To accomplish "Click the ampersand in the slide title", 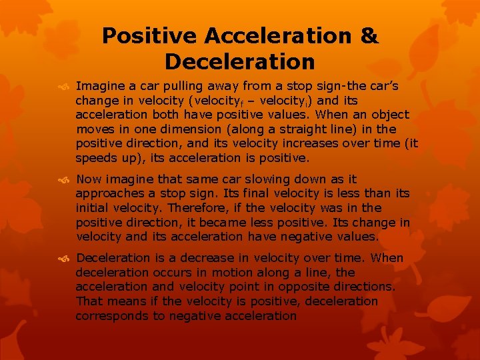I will pos(369,36).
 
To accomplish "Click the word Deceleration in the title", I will pos(239,62).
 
